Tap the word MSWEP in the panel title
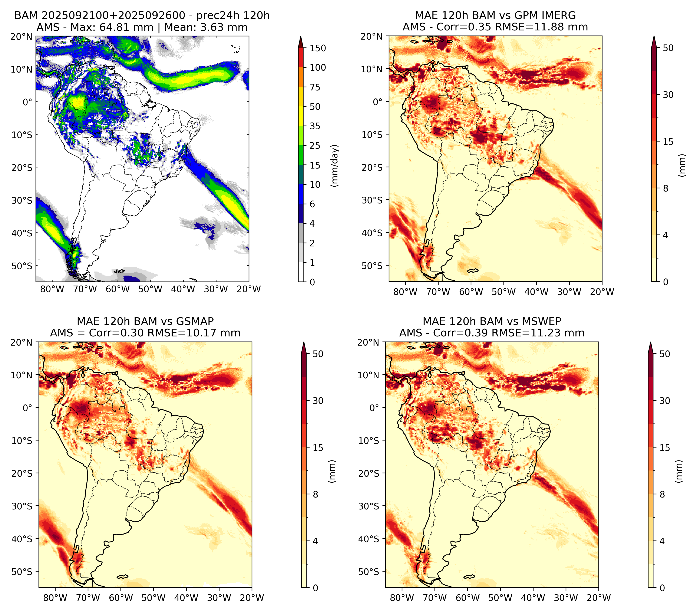point(543,321)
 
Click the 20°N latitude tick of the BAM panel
point(22,36)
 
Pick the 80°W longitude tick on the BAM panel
point(52,289)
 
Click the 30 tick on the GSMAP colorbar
point(318,401)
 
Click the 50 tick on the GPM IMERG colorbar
point(668,48)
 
